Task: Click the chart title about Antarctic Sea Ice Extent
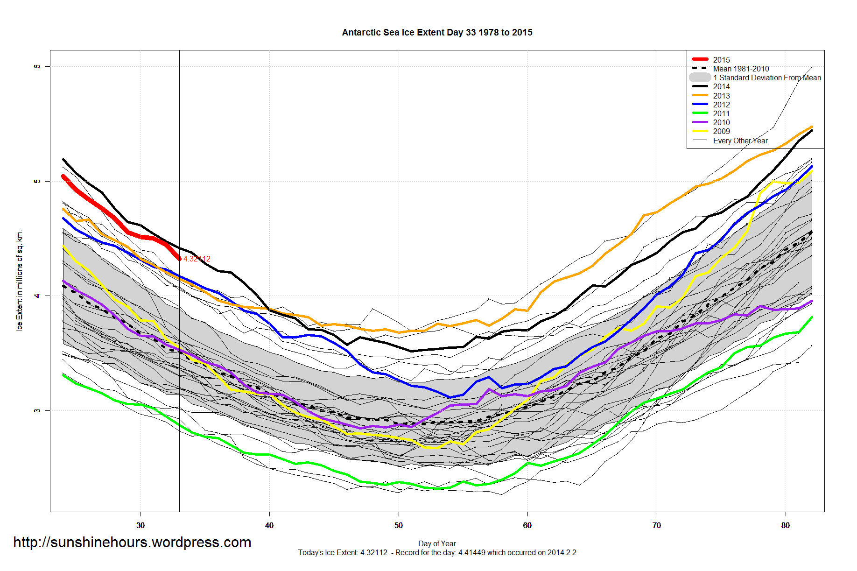click(437, 33)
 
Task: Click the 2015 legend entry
click(721, 60)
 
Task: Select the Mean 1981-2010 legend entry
click(741, 69)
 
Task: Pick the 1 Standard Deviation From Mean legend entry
click(767, 78)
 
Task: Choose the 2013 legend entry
click(721, 96)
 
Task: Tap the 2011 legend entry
click(721, 113)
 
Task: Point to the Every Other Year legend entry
click(740, 141)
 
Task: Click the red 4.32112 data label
click(197, 259)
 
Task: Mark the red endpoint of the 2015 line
click(179, 258)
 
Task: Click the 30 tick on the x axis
click(140, 525)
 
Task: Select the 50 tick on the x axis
click(398, 525)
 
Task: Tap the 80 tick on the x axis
click(786, 525)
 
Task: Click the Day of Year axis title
click(437, 543)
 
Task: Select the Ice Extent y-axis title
click(20, 281)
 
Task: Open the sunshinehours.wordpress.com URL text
click(132, 542)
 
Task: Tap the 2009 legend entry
click(721, 131)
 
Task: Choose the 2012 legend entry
click(721, 105)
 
